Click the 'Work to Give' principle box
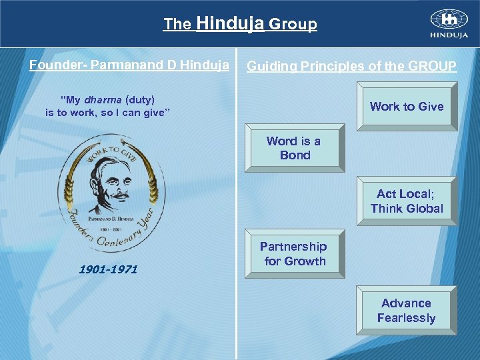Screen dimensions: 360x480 pos(407,106)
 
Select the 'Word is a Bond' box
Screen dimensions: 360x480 pos(295,148)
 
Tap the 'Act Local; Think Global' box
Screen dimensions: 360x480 pos(407,201)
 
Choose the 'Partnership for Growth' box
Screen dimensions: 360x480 pos(295,254)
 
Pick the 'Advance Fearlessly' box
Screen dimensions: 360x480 pos(407,310)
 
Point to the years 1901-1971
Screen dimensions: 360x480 pos(108,269)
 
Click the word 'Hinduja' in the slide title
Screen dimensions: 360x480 pos(231,24)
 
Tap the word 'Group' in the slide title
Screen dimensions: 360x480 pos(293,25)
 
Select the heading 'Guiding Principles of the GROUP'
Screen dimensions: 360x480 pos(352,66)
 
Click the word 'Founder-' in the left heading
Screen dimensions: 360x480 pos(58,65)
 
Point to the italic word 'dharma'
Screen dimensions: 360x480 pos(102,100)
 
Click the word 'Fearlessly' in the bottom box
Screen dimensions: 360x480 pos(406,318)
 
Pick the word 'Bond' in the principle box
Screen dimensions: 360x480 pos(295,155)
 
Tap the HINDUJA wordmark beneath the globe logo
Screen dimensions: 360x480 pos(448,35)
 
